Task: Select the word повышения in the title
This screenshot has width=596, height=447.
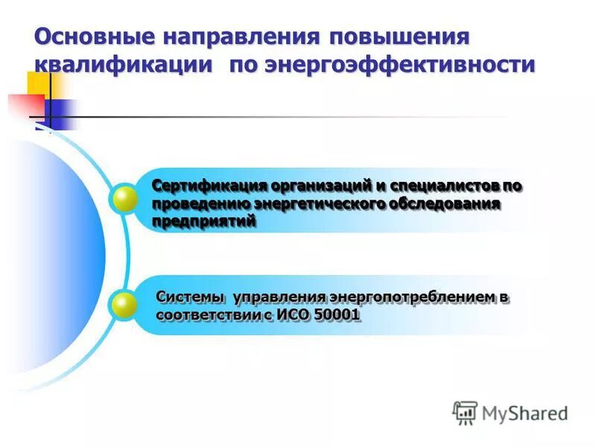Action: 399,37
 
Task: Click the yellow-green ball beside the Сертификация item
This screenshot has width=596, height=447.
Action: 123,199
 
